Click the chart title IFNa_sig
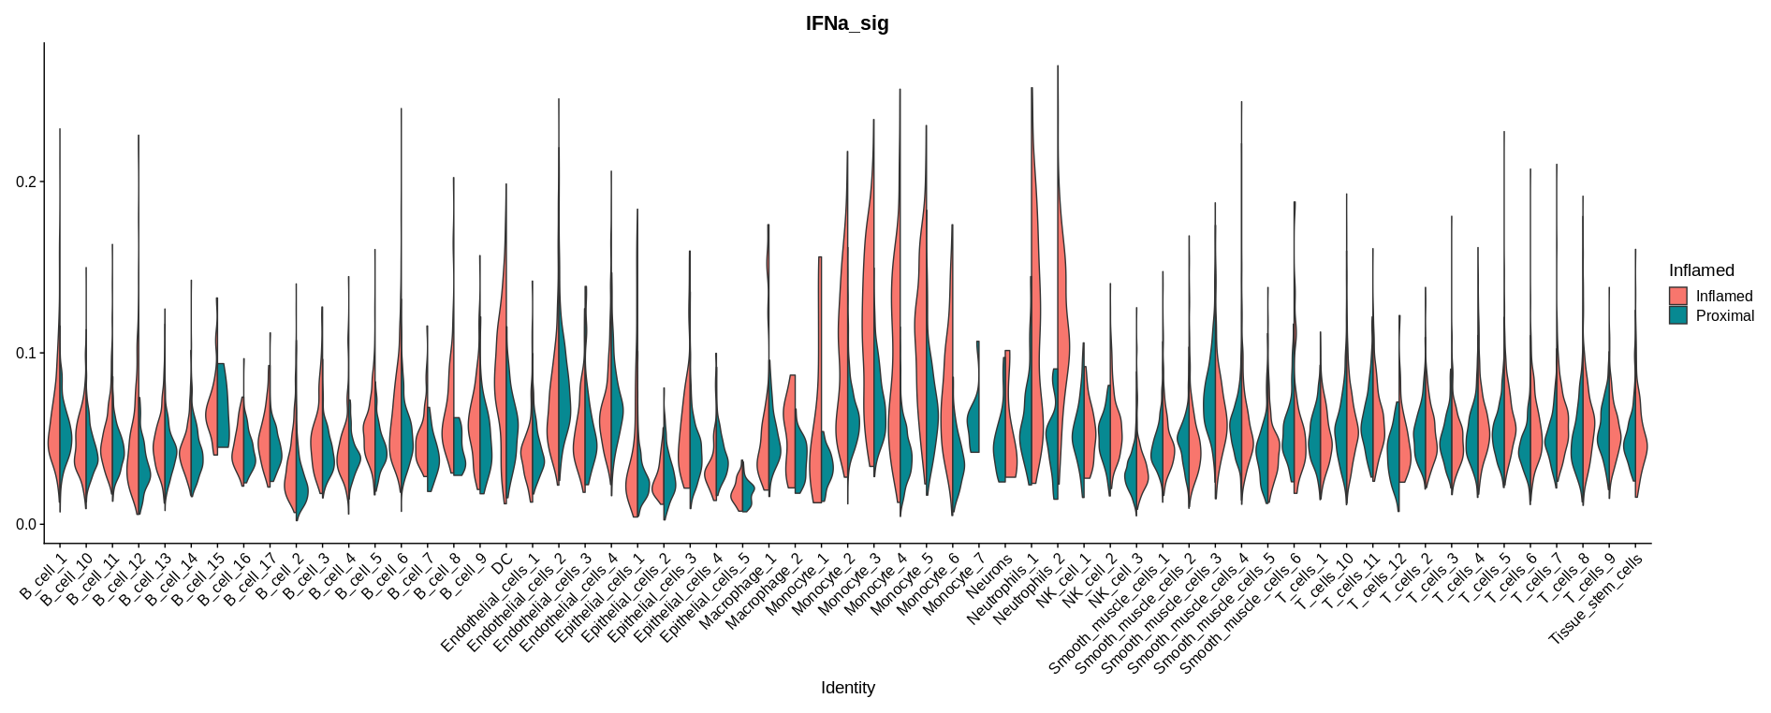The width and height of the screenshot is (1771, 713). click(x=847, y=24)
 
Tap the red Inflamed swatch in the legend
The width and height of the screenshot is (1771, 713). click(x=1678, y=296)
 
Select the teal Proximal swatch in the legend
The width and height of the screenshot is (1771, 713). click(x=1678, y=316)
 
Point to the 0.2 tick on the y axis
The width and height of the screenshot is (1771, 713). click(x=26, y=182)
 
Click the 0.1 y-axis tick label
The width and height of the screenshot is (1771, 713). click(x=26, y=354)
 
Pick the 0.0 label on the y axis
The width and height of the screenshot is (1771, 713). click(x=26, y=525)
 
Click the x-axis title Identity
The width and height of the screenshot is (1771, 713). click(x=847, y=688)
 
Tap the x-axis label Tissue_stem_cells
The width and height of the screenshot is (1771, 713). click(x=1597, y=598)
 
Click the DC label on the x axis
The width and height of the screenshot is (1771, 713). click(x=503, y=564)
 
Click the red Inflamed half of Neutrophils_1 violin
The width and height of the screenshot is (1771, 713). click(x=1035, y=281)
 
